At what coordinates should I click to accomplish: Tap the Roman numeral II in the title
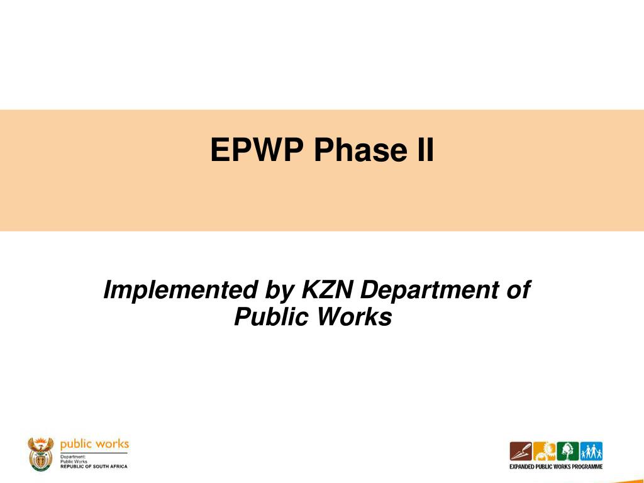click(426, 150)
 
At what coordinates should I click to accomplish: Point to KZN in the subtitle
click(327, 289)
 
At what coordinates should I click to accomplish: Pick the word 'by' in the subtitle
click(280, 291)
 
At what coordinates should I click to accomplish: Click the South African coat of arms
click(40, 454)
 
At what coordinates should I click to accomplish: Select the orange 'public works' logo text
click(94, 445)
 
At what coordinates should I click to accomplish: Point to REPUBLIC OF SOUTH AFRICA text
click(94, 467)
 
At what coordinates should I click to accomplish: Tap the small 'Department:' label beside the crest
click(73, 457)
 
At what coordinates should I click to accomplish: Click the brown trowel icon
click(521, 452)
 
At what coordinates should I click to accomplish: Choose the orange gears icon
click(544, 452)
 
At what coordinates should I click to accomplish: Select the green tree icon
click(568, 452)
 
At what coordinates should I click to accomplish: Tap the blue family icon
click(591, 452)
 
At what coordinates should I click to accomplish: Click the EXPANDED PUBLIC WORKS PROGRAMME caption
click(556, 467)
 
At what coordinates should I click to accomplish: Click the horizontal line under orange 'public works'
click(94, 453)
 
